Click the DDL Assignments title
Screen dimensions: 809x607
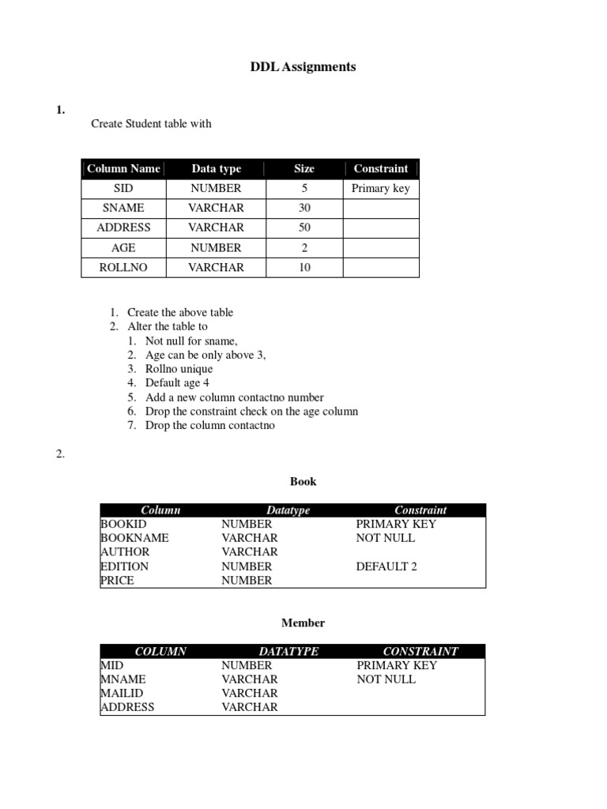coord(303,67)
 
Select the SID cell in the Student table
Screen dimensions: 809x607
coord(123,189)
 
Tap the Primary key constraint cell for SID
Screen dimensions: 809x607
coord(381,189)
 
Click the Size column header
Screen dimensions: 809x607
coord(304,169)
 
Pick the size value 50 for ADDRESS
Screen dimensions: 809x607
coord(304,228)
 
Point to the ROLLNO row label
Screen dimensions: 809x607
coord(123,268)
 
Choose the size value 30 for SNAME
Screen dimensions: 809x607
coord(304,208)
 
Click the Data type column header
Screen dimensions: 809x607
coord(216,169)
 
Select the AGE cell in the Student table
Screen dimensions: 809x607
coord(123,247)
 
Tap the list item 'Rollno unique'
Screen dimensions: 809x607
coord(179,369)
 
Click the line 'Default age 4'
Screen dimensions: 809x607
coord(177,383)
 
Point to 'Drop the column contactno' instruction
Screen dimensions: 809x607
coord(210,426)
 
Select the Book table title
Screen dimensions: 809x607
coord(303,481)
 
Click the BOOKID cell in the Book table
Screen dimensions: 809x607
coord(124,524)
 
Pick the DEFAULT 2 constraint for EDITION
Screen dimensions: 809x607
coord(386,566)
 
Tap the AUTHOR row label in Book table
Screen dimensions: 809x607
coord(124,552)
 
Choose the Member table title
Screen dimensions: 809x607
coord(303,623)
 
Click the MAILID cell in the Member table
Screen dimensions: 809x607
coord(123,694)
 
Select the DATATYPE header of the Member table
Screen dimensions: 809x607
coord(288,652)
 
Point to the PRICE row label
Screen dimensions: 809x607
coord(118,581)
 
